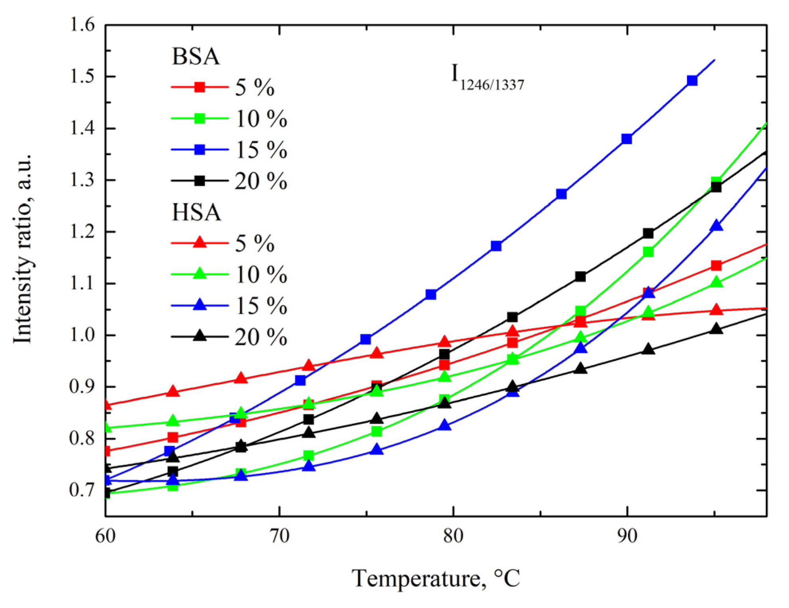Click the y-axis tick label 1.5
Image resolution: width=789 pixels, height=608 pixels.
[82, 76]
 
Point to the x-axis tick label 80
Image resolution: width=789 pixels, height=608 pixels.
[453, 536]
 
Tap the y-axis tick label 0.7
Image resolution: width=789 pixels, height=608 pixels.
[82, 490]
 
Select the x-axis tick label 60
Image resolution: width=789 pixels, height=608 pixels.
[106, 536]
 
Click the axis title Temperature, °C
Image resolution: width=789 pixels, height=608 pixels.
[436, 579]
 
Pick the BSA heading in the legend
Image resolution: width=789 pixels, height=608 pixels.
[196, 57]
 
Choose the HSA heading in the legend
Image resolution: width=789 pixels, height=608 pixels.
[196, 212]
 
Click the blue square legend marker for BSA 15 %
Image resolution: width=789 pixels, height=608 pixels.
[200, 150]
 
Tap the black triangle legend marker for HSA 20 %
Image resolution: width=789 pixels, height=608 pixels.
[200, 336]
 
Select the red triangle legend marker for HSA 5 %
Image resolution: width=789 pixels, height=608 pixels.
[200, 242]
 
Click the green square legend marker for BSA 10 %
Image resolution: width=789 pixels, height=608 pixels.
[200, 118]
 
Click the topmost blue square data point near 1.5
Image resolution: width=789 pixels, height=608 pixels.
[692, 81]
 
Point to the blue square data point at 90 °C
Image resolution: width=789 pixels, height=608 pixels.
[627, 139]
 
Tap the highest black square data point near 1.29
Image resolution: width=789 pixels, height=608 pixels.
[716, 187]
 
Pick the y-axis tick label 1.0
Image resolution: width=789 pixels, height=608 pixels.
[82, 335]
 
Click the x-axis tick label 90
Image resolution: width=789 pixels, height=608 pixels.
[627, 536]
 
